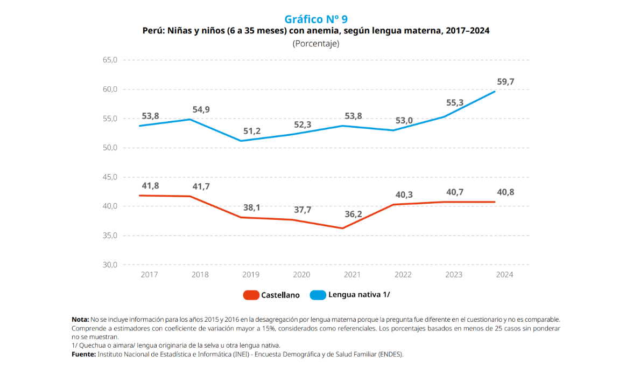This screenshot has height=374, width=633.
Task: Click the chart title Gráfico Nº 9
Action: pyautogui.click(x=316, y=19)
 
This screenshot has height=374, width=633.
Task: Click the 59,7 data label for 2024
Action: pyautogui.click(x=505, y=82)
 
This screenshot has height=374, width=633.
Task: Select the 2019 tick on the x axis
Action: pyautogui.click(x=251, y=274)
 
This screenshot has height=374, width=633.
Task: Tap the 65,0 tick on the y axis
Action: pyautogui.click(x=109, y=60)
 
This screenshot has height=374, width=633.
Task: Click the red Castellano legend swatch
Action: pyautogui.click(x=251, y=295)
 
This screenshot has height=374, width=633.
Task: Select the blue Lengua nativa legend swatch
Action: pyautogui.click(x=318, y=295)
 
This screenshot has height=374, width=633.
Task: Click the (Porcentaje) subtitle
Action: pyautogui.click(x=316, y=44)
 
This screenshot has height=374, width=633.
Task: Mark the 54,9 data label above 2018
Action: pyautogui.click(x=201, y=109)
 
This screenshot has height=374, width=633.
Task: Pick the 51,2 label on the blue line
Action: pyautogui.click(x=251, y=131)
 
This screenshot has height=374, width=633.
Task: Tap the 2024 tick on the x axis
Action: pyautogui.click(x=504, y=274)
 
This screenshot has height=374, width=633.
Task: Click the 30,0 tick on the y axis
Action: pyautogui.click(x=109, y=265)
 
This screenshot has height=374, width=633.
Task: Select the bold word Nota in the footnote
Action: pyautogui.click(x=80, y=320)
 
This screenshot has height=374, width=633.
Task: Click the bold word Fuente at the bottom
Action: pyautogui.click(x=83, y=354)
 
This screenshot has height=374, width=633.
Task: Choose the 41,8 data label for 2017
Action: pyautogui.click(x=151, y=185)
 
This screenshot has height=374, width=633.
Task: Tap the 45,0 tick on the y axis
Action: pyautogui.click(x=109, y=177)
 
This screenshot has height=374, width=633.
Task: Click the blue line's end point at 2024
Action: pyautogui.click(x=495, y=91)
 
